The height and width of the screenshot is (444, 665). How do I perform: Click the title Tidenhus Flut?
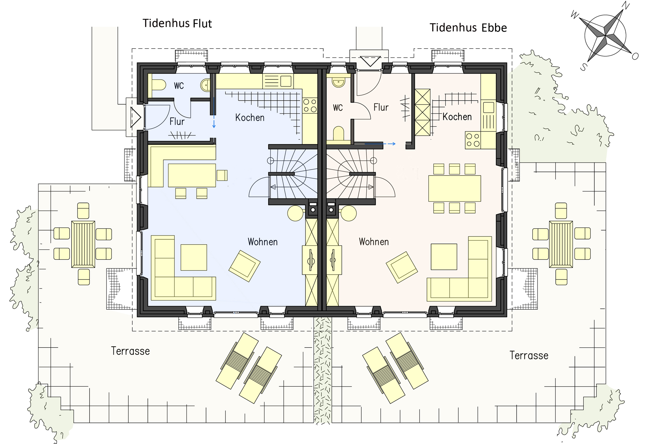[x=177, y=23]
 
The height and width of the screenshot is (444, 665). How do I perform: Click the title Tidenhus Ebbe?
[x=468, y=28]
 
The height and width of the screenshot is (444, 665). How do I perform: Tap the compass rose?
[x=605, y=36]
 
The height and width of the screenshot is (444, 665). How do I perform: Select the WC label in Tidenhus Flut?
[x=179, y=86]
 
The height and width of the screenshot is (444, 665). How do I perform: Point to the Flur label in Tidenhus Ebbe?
[x=381, y=107]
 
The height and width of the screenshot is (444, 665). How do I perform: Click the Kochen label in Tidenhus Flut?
[x=250, y=118]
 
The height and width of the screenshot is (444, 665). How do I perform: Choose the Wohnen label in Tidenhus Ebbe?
[x=374, y=242]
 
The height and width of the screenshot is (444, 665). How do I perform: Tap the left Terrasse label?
[x=130, y=351]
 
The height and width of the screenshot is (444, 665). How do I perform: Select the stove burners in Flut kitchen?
[x=310, y=105]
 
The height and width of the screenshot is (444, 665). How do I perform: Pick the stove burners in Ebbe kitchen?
[x=473, y=140]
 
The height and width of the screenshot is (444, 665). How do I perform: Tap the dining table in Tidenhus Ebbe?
[x=455, y=189]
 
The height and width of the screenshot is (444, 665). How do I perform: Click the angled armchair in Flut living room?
[x=244, y=266]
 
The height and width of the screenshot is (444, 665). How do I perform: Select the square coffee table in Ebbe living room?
[x=444, y=257]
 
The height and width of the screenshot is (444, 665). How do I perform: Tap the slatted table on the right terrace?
[x=561, y=244]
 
